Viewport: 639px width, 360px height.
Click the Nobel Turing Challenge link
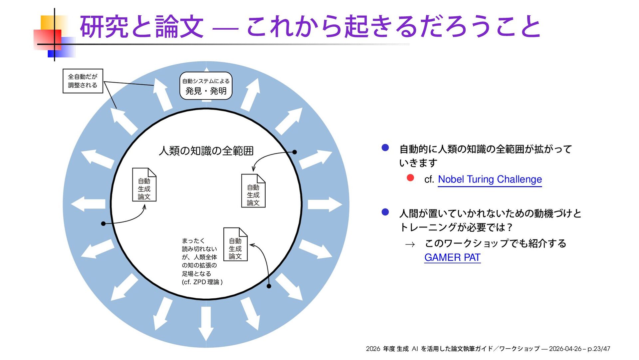(490, 180)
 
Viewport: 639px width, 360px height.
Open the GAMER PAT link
(452, 257)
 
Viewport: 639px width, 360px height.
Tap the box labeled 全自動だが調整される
(83, 81)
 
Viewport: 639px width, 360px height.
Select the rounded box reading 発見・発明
(206, 86)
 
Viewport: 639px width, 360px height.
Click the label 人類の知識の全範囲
(206, 151)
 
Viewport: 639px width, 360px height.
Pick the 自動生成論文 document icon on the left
(144, 185)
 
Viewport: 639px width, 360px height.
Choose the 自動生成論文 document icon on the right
(253, 191)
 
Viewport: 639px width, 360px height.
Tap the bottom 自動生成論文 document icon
(235, 245)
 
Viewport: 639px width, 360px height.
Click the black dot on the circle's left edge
(103, 223)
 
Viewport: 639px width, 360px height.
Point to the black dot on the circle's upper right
(295, 152)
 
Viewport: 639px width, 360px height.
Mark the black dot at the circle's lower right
(269, 286)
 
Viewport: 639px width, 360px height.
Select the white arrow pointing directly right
(324, 204)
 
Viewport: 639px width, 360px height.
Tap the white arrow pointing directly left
(88, 204)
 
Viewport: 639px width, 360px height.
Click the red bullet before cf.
(410, 178)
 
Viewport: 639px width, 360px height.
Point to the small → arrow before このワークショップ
(410, 245)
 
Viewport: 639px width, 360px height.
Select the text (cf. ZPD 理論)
(202, 282)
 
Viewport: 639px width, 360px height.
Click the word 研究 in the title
(104, 27)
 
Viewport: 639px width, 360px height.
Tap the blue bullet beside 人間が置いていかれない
(385, 212)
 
